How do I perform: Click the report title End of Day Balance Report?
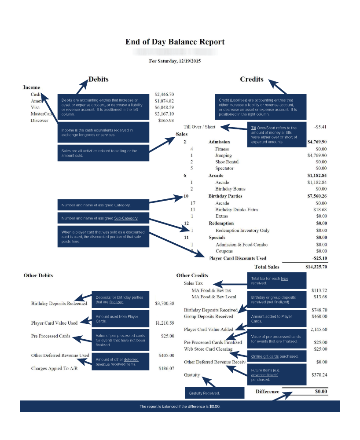(x=175, y=42)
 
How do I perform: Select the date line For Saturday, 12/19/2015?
(x=175, y=61)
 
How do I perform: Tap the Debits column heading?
(x=98, y=80)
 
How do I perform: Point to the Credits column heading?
(x=252, y=80)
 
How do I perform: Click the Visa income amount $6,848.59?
(x=164, y=107)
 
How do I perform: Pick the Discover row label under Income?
(x=39, y=121)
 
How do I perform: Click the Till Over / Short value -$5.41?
(x=320, y=127)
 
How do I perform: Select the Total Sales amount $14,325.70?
(x=316, y=267)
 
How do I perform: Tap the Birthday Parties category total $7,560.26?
(x=316, y=196)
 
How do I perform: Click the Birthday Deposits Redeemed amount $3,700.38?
(x=165, y=304)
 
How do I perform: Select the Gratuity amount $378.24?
(x=318, y=375)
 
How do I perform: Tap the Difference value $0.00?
(x=321, y=391)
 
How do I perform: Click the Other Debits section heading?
(x=38, y=275)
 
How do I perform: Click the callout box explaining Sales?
(x=103, y=153)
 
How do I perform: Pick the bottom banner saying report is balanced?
(x=180, y=406)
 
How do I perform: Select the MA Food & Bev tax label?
(x=211, y=290)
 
